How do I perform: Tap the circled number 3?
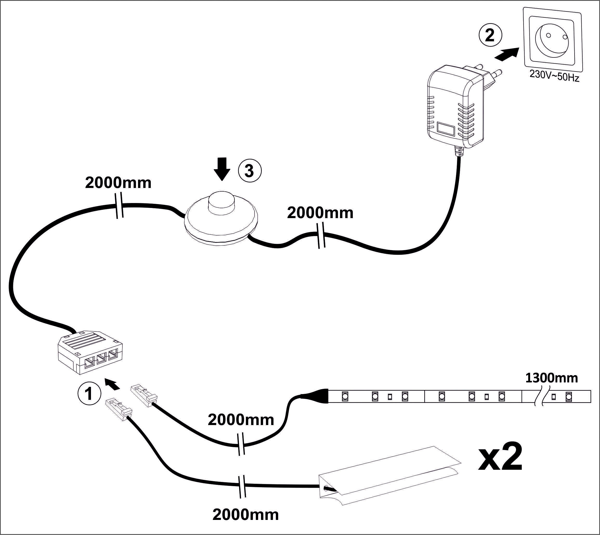(x=249, y=171)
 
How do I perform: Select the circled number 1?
(x=89, y=393)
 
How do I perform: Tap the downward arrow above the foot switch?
(x=222, y=169)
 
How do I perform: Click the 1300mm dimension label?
(x=551, y=378)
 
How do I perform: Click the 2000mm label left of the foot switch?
(x=118, y=183)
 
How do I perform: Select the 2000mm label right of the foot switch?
(x=320, y=213)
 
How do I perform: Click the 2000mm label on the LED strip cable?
(x=241, y=420)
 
